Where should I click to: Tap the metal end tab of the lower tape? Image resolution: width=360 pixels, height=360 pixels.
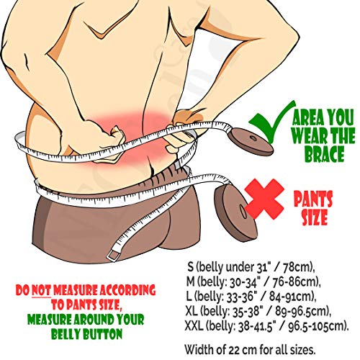pyautogui.click(x=111, y=256)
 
